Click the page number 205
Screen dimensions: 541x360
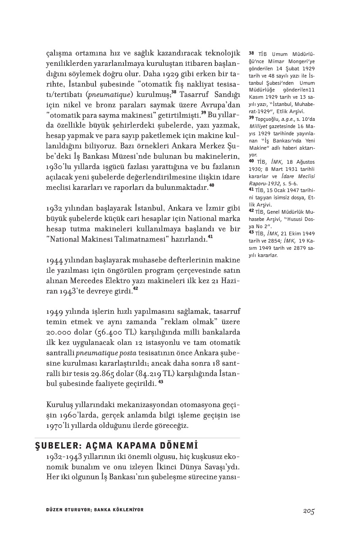click(308, 511)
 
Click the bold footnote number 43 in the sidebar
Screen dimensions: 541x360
click(251, 232)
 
